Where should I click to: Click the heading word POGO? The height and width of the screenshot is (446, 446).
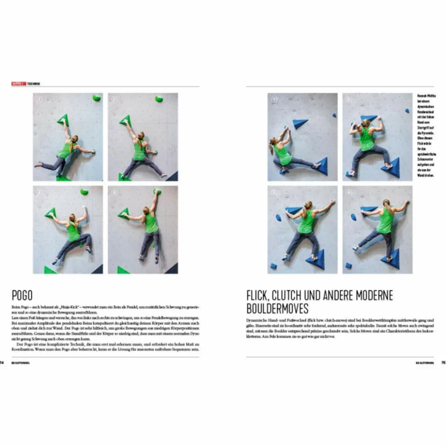tap(22, 296)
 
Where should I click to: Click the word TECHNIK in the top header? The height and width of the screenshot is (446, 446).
tap(34, 84)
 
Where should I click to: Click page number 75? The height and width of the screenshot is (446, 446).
tap(443, 363)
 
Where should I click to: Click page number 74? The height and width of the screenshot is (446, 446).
tap(2, 363)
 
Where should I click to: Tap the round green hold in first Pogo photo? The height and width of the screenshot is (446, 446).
tap(96, 98)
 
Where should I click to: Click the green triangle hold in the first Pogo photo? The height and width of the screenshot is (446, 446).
tap(63, 120)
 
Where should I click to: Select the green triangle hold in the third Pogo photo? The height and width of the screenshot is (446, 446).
tap(51, 213)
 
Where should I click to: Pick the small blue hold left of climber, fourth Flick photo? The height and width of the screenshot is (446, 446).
tap(354, 217)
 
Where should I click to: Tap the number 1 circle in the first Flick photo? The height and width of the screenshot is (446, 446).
tap(273, 99)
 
